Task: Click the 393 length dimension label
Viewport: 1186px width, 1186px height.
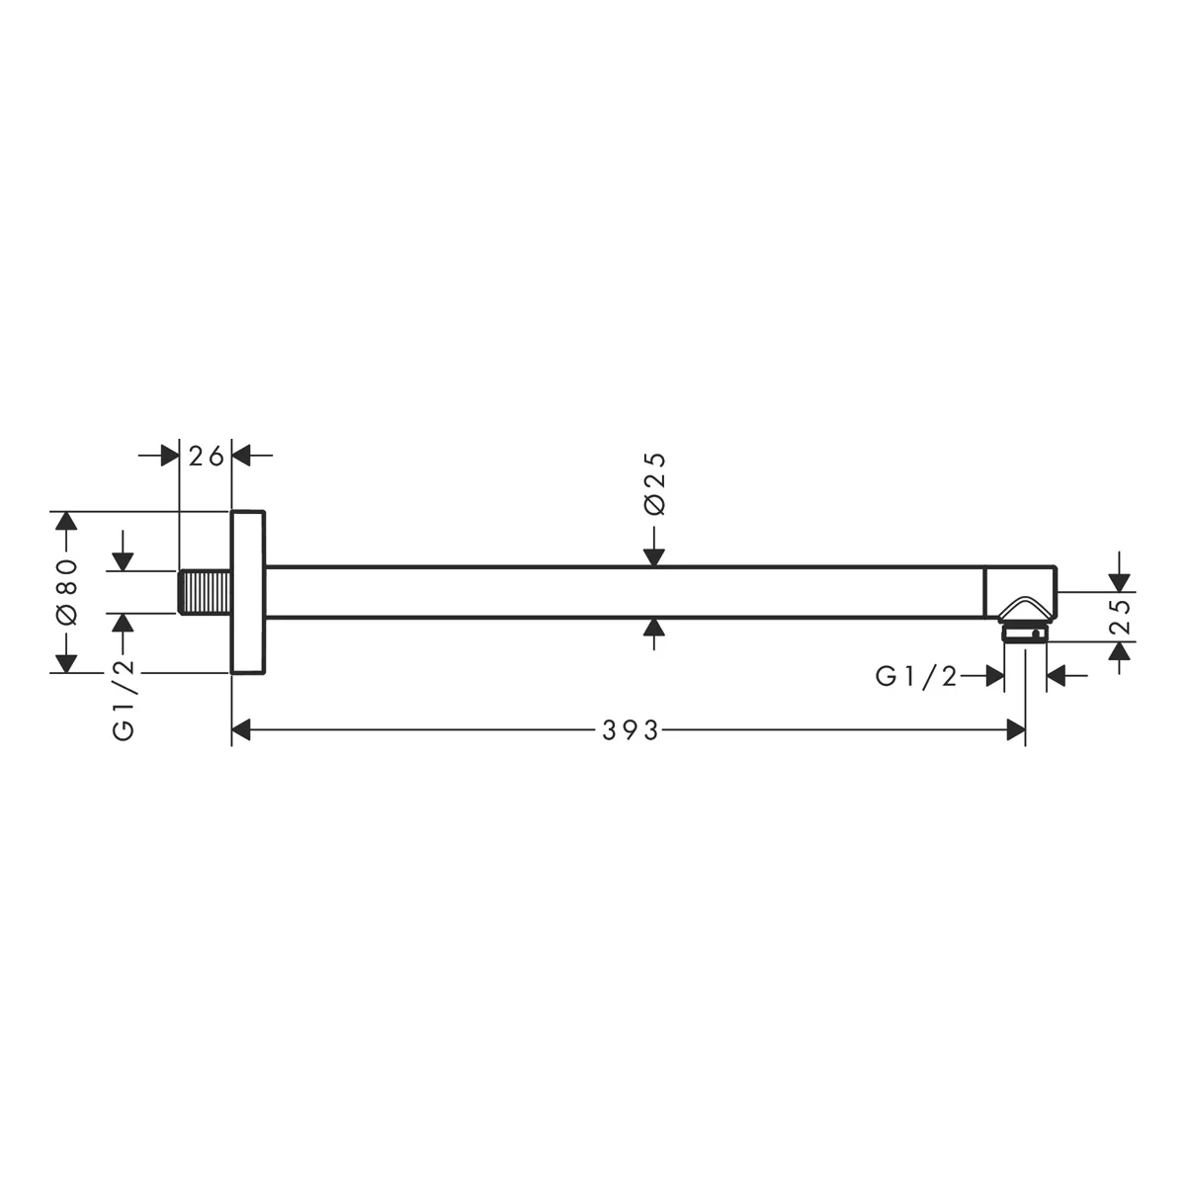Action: coord(630,730)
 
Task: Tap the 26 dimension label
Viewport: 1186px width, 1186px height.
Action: coord(206,456)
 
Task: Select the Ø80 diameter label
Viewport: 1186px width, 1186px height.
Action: coord(68,591)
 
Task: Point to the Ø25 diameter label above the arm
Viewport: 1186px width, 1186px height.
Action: coord(654,483)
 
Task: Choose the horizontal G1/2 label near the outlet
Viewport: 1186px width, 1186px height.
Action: coord(916,677)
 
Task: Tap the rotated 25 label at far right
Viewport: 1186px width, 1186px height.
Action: coord(1118,618)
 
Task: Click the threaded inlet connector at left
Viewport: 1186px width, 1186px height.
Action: coord(205,592)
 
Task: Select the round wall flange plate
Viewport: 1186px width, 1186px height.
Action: coord(248,592)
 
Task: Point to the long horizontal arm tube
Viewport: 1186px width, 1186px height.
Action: coord(624,592)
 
